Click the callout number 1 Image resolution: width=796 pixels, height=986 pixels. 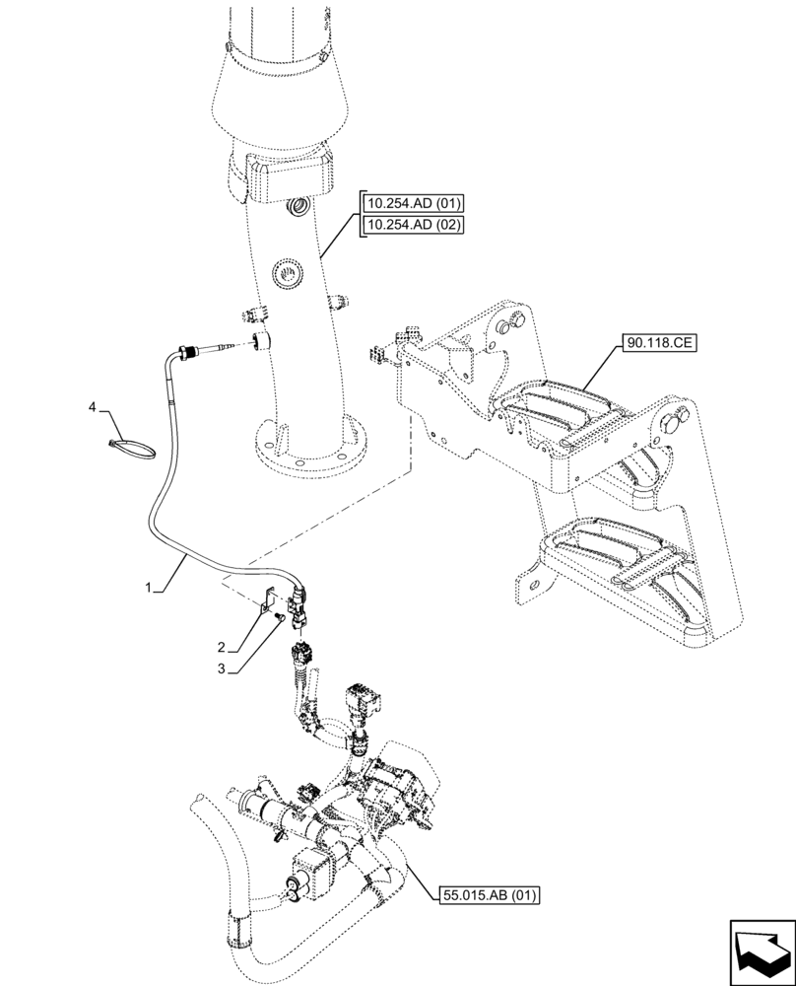pyautogui.click(x=149, y=588)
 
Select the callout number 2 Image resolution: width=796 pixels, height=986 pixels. pyautogui.click(x=223, y=648)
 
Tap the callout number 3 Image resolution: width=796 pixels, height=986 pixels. pyautogui.click(x=223, y=669)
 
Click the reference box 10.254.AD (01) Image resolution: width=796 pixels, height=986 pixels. pyautogui.click(x=413, y=204)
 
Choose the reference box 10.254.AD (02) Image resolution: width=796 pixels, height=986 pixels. pyautogui.click(x=413, y=225)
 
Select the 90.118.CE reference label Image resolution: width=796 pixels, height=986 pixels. pyautogui.click(x=658, y=344)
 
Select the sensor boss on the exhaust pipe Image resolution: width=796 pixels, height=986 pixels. pyautogui.click(x=261, y=341)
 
